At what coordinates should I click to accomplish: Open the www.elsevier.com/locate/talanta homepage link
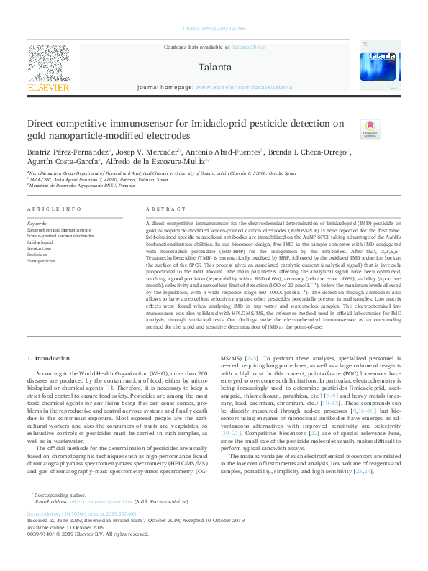point(244,87)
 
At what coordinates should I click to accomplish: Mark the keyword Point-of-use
point(41,247)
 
